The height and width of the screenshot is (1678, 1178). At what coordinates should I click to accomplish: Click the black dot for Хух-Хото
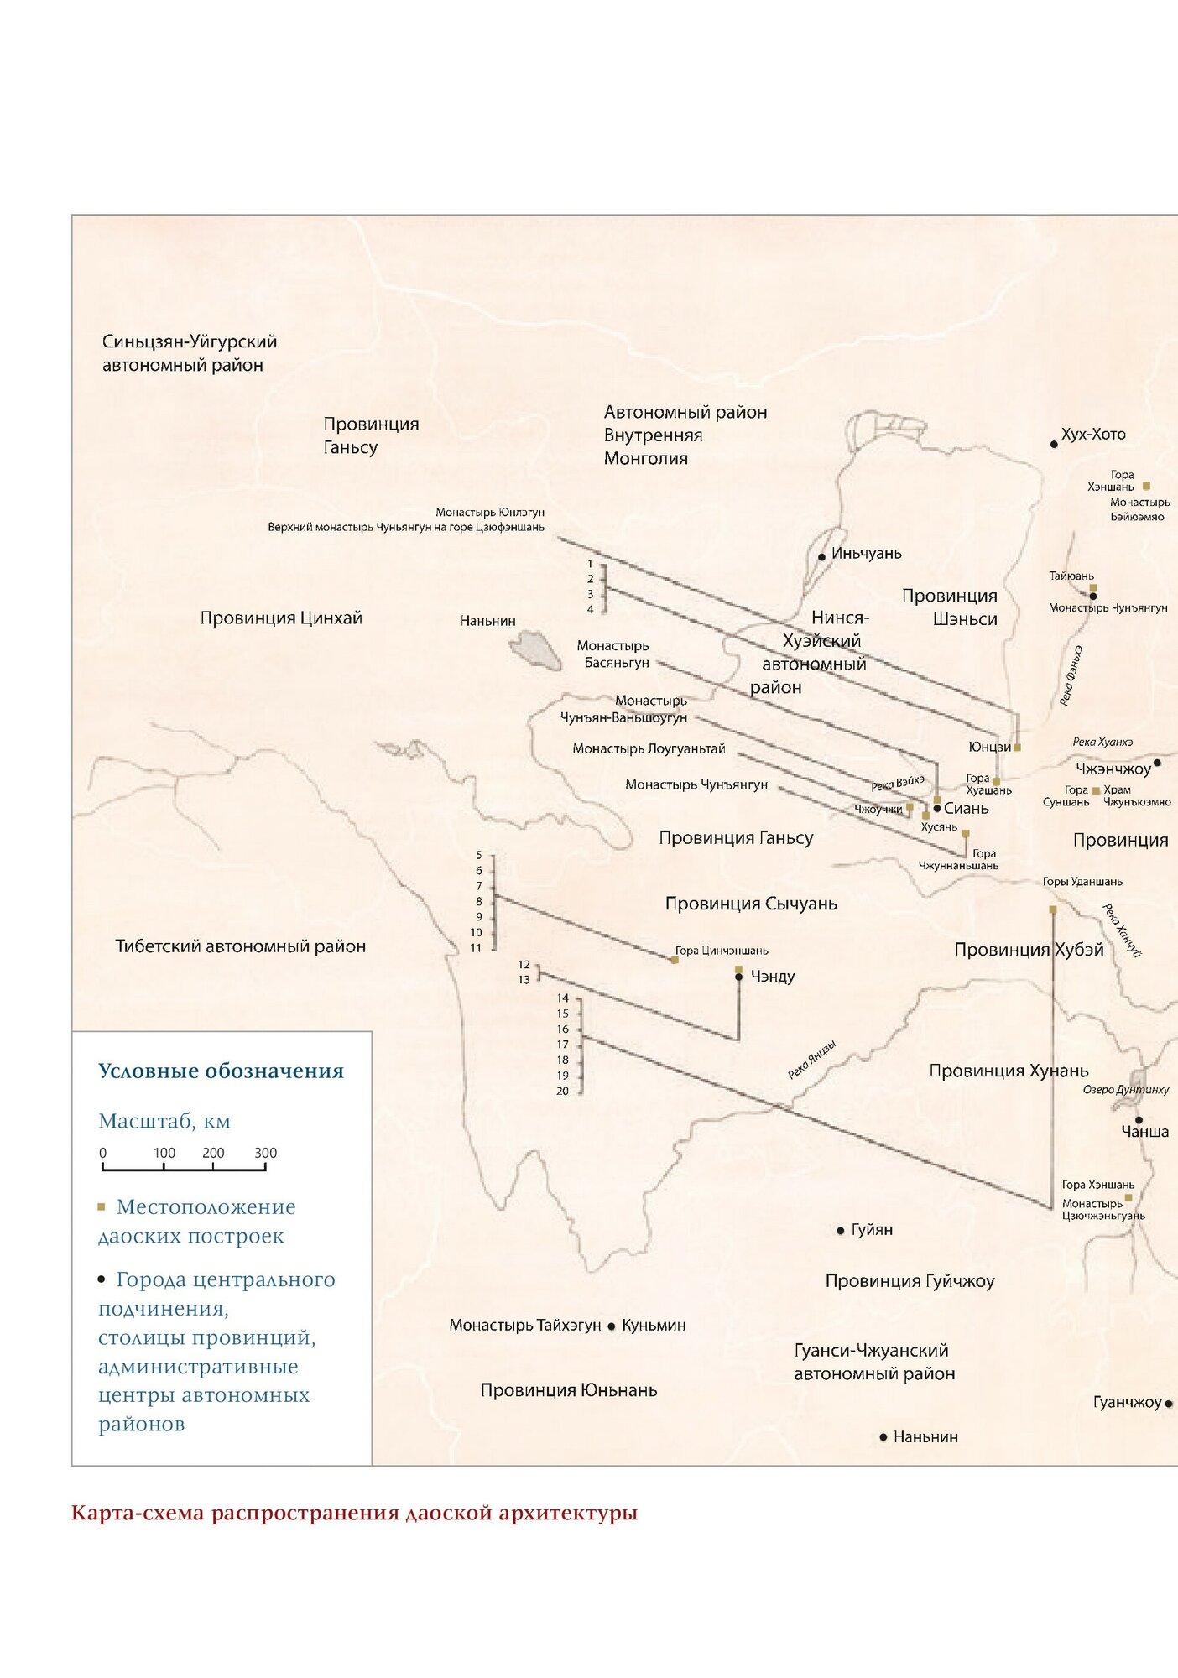1054,444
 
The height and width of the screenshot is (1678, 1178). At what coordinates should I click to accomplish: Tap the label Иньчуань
866,554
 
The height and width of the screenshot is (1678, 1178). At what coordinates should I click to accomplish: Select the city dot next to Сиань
936,808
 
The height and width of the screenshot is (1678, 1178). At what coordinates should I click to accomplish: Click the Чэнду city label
773,977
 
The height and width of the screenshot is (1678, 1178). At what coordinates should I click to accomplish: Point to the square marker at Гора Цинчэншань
675,959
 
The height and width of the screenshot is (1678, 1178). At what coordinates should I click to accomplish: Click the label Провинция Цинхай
281,618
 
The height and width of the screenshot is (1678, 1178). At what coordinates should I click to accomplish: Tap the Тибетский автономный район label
240,946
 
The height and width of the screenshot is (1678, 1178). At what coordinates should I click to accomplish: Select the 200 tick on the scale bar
213,1154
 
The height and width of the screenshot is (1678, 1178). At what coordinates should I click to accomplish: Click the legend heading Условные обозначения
221,1071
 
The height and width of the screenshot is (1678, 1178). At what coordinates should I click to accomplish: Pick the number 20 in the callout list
562,1091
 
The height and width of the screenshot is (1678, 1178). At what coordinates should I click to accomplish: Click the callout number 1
590,564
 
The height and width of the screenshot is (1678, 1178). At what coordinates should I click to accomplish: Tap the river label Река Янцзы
811,1060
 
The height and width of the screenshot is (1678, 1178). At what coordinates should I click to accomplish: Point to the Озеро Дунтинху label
1125,1089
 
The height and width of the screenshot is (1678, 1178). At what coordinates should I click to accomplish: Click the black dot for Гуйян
840,1231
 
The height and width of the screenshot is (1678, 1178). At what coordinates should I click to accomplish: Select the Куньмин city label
653,1326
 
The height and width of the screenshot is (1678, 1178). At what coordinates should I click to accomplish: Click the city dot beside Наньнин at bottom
883,1437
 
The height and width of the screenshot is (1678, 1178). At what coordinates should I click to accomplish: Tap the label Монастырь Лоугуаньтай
649,748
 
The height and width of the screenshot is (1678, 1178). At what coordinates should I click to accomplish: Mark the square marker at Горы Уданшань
1053,909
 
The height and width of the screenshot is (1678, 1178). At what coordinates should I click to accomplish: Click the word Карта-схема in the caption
138,1514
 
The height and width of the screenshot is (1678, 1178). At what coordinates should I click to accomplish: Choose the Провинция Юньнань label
568,1390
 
